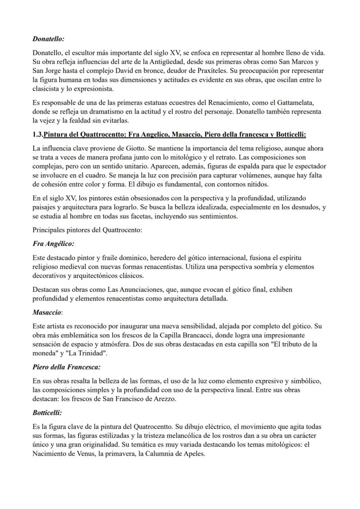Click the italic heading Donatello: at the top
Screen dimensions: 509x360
click(x=48, y=39)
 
